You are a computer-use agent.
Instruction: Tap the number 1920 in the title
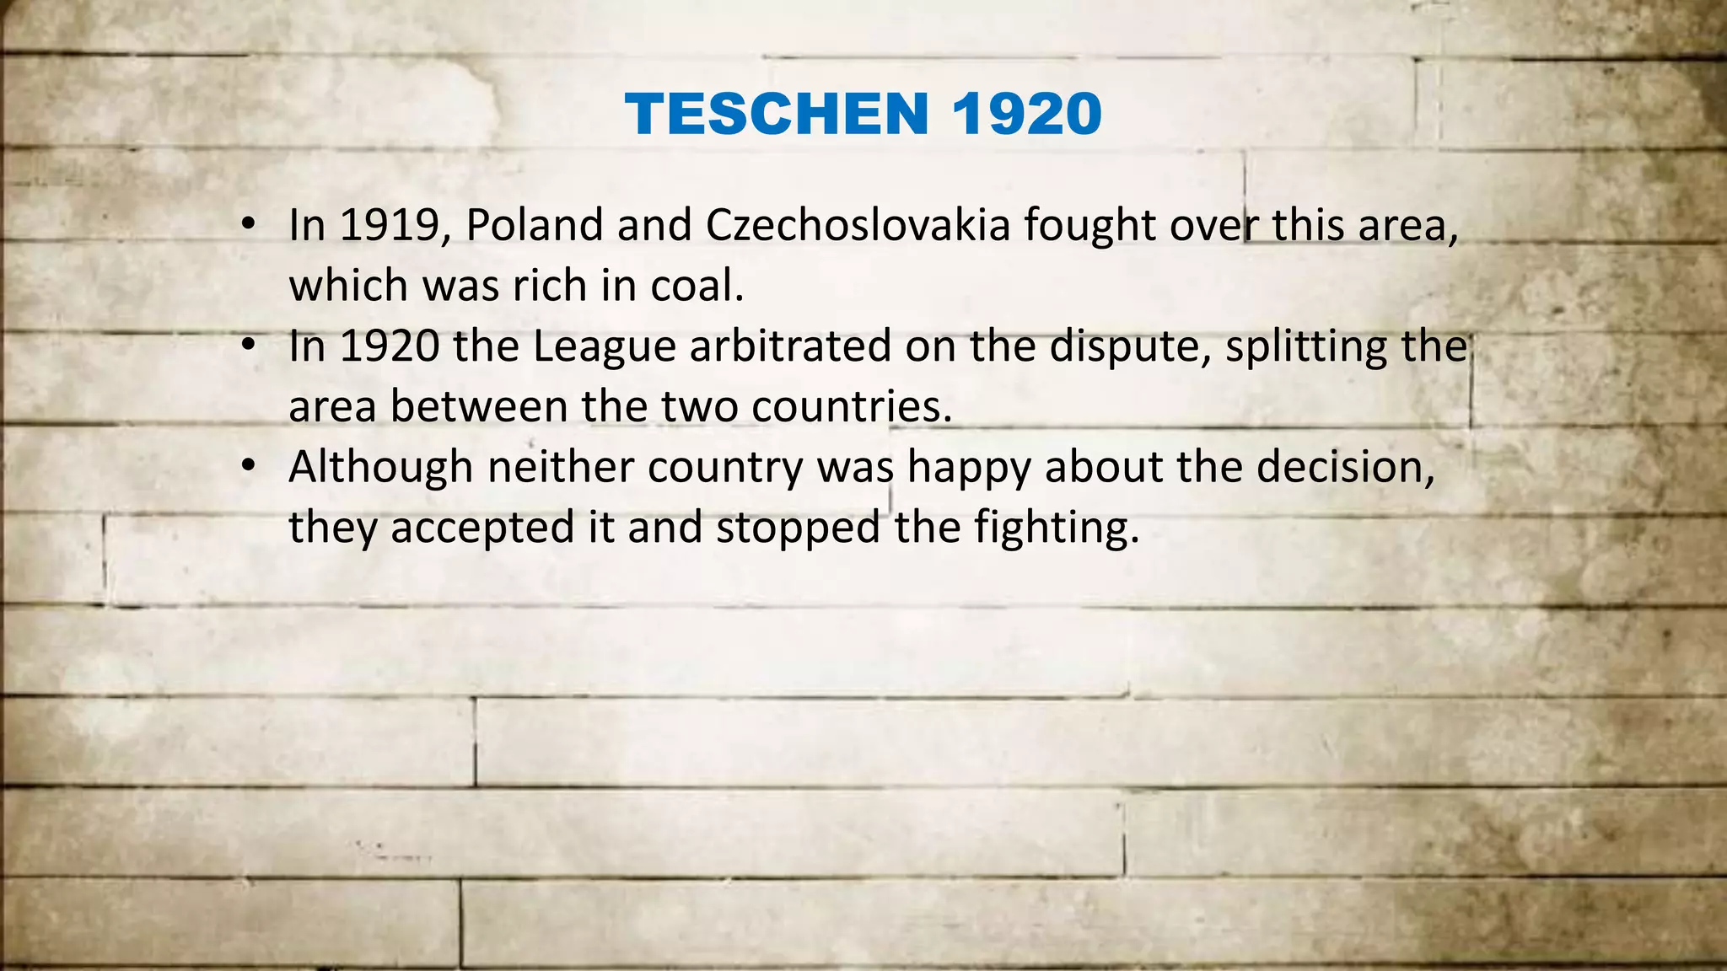click(x=1027, y=114)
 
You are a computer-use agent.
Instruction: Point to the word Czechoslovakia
click(x=858, y=226)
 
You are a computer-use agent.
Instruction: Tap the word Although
click(x=380, y=468)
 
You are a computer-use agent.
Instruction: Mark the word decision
click(x=1346, y=468)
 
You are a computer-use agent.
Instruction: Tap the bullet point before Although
click(x=247, y=466)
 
